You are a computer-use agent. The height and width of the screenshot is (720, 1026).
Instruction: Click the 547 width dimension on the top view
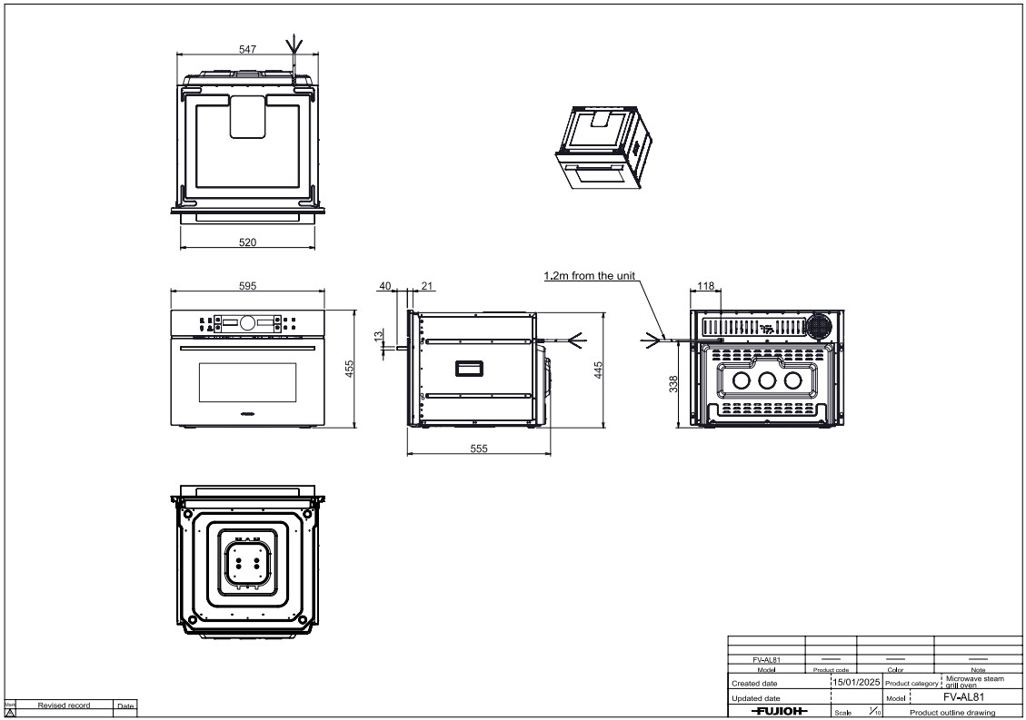[x=247, y=50]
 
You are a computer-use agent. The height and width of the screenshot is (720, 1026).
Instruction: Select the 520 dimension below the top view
[x=247, y=242]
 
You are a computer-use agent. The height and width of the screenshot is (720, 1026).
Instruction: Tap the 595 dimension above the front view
[x=247, y=286]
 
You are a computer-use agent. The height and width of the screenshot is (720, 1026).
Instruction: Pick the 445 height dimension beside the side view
[x=599, y=370]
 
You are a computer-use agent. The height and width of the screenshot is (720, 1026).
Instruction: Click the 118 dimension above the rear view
[x=705, y=286]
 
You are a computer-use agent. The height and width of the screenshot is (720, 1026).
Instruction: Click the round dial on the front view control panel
[x=247, y=322]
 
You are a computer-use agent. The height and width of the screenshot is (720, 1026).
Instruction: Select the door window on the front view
[x=247, y=382]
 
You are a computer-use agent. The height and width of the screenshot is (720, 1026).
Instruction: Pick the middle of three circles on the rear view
[x=767, y=380]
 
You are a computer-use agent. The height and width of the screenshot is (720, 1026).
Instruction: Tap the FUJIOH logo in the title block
[x=779, y=711]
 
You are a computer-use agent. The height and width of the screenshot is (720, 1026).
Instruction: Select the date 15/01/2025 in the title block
[x=856, y=681]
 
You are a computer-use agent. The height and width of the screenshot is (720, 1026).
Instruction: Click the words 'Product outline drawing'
[x=951, y=713]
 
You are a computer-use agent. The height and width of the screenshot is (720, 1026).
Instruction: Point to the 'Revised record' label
[x=64, y=705]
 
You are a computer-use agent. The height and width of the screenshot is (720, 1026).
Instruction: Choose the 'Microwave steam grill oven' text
[x=974, y=681]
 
